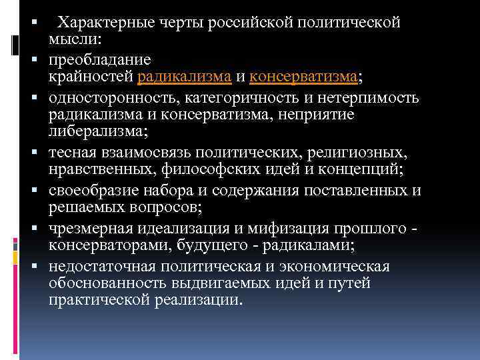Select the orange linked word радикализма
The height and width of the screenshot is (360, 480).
tap(184, 78)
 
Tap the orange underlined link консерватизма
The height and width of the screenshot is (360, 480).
tap(303, 78)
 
